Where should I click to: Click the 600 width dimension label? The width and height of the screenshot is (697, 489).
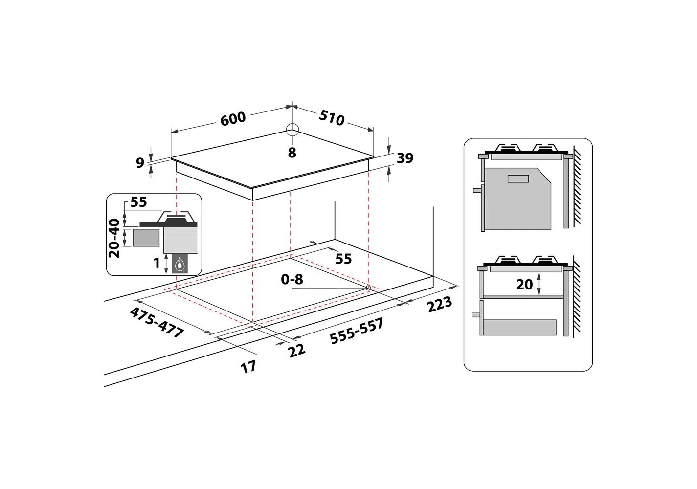(x=233, y=119)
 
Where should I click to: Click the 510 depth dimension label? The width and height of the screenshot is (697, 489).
(x=332, y=118)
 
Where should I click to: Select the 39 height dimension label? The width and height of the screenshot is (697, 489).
(x=405, y=158)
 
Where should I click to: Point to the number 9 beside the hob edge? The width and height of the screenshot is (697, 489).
(x=140, y=163)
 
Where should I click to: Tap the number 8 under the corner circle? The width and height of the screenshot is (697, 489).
(x=292, y=153)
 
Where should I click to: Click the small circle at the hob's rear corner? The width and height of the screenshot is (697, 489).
(x=292, y=130)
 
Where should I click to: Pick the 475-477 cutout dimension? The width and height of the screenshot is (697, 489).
(x=157, y=322)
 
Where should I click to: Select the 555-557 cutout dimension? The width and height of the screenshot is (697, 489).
(x=357, y=331)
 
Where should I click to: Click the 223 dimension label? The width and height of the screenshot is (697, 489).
(x=439, y=304)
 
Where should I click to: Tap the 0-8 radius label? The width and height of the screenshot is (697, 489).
(x=292, y=279)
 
